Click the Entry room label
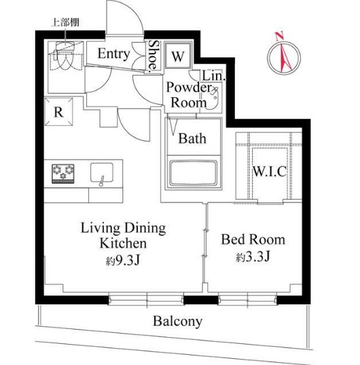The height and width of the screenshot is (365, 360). pos(113,54)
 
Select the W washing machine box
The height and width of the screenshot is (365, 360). pos(177,56)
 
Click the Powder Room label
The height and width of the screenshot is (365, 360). pos(188,94)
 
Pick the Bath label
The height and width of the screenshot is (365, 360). pos(192,139)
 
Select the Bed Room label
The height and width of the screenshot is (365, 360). pos(253,239)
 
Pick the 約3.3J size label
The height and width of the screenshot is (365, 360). pos(253,258)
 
